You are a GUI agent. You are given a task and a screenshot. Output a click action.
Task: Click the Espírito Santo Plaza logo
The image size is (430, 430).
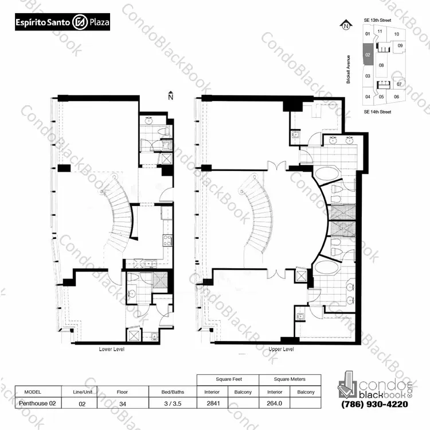62,22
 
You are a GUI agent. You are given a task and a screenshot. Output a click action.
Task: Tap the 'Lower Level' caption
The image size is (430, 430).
112,349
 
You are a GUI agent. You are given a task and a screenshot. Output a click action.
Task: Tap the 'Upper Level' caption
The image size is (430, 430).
281,349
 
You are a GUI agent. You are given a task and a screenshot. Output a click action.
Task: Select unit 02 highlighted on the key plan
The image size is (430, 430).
368,55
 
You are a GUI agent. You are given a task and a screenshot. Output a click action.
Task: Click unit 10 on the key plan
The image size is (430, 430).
397,34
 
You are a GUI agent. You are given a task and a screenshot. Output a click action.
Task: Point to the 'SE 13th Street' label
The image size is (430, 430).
377,20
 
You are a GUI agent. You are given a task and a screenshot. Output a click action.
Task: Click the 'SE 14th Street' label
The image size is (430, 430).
377,112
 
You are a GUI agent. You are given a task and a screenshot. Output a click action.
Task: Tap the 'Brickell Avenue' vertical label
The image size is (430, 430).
348,69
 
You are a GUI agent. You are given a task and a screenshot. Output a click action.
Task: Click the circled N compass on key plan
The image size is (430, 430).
346,25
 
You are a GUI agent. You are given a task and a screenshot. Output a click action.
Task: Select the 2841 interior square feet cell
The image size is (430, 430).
213,403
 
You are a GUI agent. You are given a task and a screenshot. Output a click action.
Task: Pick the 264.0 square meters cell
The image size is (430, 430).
275,403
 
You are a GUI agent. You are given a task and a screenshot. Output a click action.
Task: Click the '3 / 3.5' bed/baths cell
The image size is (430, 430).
173,404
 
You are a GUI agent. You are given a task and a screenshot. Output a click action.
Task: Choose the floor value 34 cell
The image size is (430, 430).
123,404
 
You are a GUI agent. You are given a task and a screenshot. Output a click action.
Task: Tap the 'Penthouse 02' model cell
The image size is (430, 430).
38,403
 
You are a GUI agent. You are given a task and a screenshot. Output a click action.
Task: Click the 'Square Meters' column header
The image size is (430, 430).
290,379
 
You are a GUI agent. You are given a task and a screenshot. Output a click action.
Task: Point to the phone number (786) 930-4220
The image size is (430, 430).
374,404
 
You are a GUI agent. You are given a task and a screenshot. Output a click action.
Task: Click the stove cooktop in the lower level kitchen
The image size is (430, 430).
167,241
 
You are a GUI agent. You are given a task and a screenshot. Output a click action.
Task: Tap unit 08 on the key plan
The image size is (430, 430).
381,65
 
